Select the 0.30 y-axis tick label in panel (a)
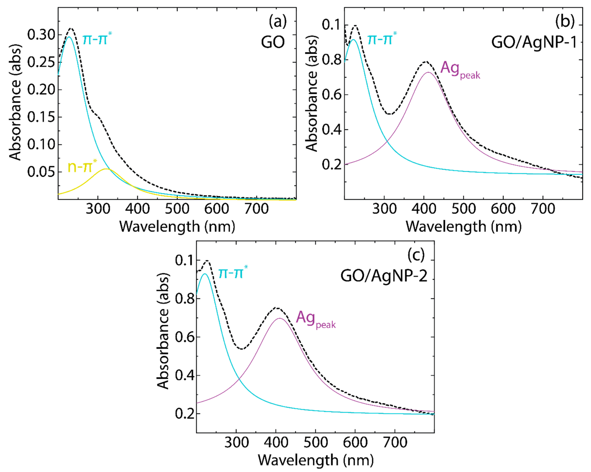tap(41, 35)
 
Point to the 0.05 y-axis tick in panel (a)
tap(41, 172)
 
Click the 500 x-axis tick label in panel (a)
tap(177, 209)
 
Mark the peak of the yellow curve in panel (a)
tap(106, 169)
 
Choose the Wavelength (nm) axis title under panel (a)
tap(177, 227)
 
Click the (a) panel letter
tap(277, 21)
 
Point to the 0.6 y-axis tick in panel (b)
tap(332, 95)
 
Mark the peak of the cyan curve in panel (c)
tap(204, 274)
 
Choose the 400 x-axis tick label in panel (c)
tap(276, 443)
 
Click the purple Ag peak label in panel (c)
tap(315, 319)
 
